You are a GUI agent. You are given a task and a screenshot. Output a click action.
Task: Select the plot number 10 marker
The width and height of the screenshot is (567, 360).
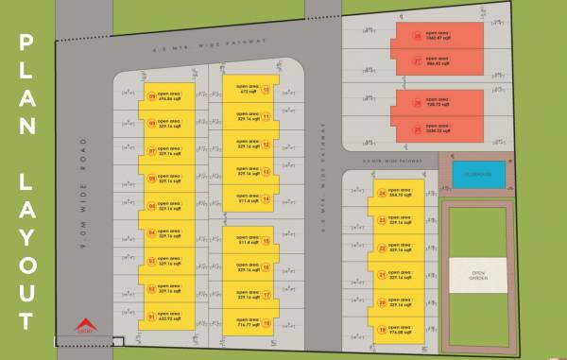pos(266,91)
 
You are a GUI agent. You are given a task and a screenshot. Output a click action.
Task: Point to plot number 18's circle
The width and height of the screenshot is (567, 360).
pos(266,323)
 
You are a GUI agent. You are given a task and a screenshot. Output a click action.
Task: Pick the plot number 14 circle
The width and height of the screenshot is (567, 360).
pos(266,199)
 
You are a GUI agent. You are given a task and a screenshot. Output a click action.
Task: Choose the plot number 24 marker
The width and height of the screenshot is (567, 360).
pos(382,194)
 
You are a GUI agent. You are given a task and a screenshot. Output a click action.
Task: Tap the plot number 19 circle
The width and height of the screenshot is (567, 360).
pos(382,331)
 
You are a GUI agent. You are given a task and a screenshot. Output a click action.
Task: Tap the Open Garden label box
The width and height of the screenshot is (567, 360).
pos(477,275)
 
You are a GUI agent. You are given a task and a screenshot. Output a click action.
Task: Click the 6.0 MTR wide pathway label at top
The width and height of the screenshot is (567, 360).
pos(210,43)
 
